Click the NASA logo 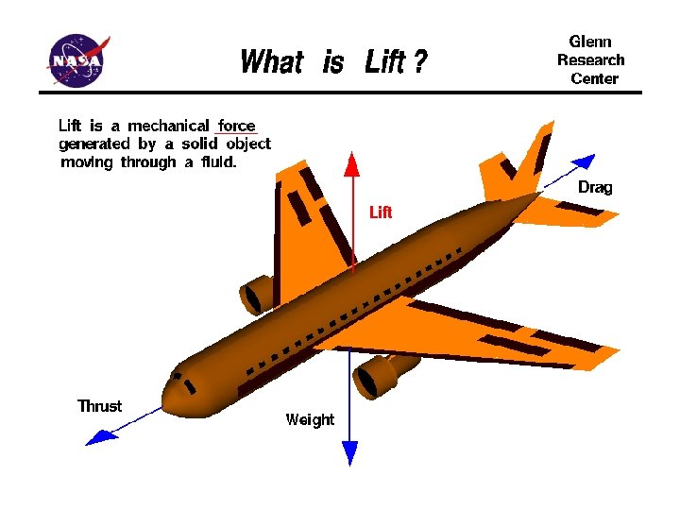(x=80, y=59)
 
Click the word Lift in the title (x=385, y=63)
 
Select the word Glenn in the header (x=590, y=42)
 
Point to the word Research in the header (x=590, y=59)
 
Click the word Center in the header (x=594, y=78)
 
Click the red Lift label (x=380, y=212)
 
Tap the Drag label (x=595, y=187)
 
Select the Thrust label (x=99, y=406)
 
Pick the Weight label (x=310, y=419)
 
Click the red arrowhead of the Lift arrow (x=351, y=164)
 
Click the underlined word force (x=237, y=126)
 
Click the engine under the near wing (x=375, y=375)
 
